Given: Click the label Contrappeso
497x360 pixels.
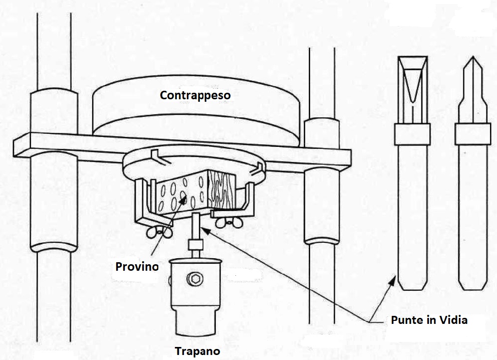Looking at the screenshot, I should (x=195, y=94).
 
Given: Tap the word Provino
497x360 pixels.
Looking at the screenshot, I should (x=137, y=266).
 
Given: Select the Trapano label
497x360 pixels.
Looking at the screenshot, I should (x=197, y=351).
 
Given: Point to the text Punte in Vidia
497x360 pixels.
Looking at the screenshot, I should (x=429, y=320).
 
